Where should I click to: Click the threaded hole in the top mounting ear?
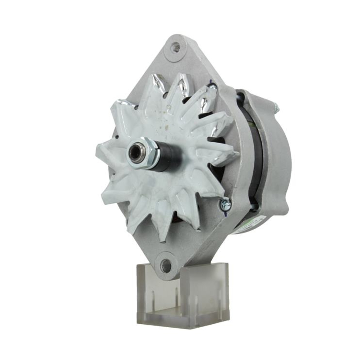[x=175, y=47]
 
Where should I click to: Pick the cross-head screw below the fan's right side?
[x=225, y=204]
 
